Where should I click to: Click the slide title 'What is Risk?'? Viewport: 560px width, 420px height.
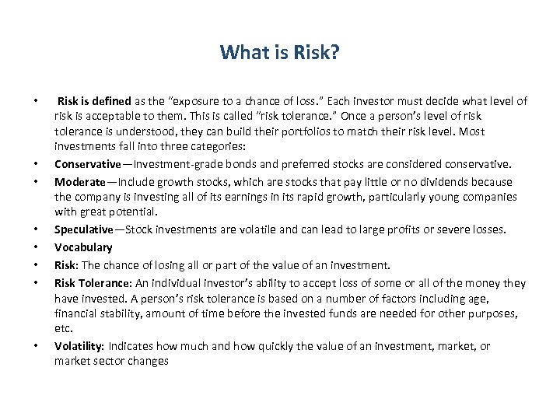[279, 53]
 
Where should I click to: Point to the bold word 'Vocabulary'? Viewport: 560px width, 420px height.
[83, 247]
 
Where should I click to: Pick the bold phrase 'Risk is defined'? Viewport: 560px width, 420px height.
[96, 101]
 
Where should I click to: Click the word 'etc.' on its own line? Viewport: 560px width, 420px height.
[63, 329]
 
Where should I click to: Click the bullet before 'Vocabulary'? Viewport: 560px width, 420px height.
[36, 247]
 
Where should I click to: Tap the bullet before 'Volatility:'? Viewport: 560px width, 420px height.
[36, 346]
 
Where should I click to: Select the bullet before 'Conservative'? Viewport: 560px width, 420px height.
[36, 163]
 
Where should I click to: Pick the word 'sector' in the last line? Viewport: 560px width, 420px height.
[109, 362]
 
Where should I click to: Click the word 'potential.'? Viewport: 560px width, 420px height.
[132, 211]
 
